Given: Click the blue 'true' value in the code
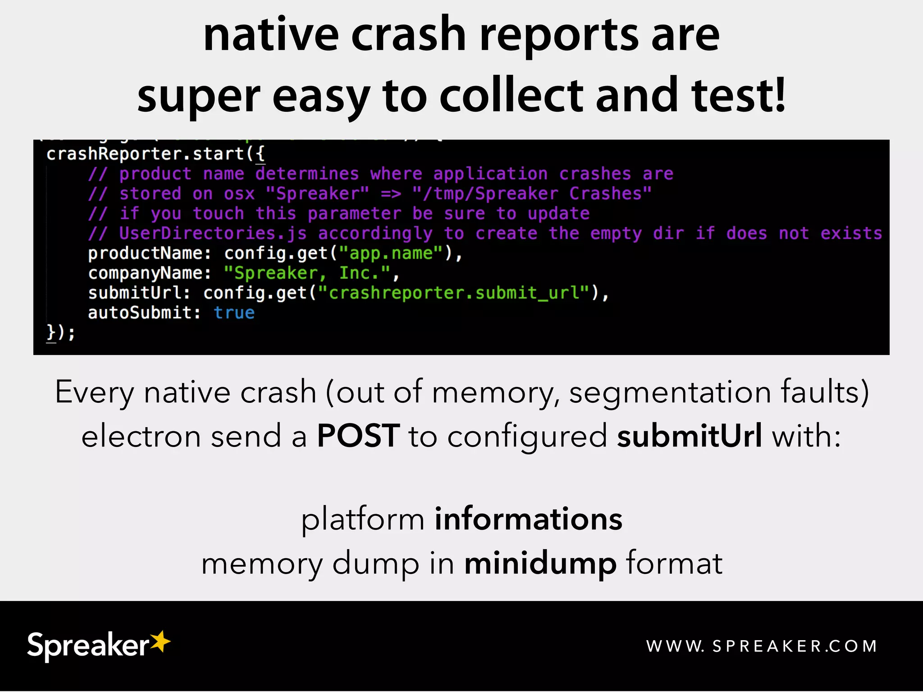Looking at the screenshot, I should [234, 313].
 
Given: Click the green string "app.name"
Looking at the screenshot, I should [391, 253].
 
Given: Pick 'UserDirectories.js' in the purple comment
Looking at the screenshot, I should [213, 233].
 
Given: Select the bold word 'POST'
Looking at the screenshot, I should [358, 436].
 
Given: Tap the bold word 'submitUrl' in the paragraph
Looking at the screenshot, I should [690, 436].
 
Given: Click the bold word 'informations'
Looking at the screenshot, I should [528, 519].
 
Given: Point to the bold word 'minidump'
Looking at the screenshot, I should [540, 563].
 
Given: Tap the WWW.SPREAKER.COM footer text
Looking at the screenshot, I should [762, 646].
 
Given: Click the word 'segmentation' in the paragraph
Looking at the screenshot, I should [670, 392].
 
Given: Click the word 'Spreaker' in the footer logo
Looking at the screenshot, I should [88, 646].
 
